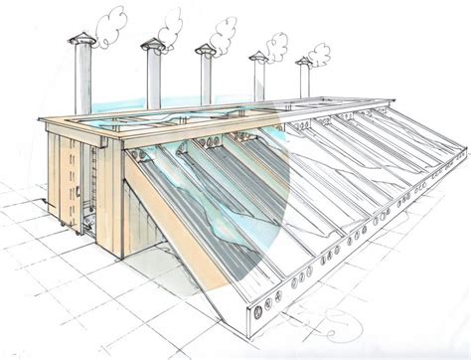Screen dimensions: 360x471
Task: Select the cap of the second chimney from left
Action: (x=154, y=43)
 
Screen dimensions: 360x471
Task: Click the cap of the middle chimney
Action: (x=207, y=49)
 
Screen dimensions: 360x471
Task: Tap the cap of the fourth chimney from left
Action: (x=258, y=56)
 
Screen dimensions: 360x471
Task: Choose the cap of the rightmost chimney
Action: (x=303, y=62)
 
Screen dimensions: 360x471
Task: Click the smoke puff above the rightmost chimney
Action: (x=320, y=53)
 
